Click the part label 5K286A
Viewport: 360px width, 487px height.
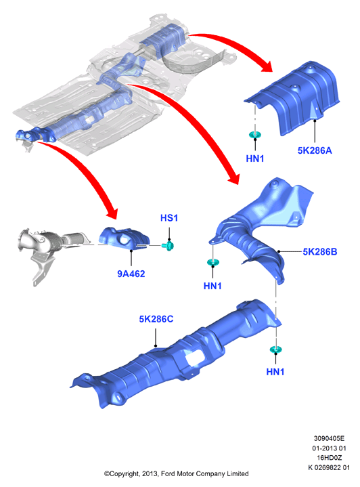[315, 150]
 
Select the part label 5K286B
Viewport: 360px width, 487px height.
[320, 251]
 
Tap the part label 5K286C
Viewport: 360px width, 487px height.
[156, 319]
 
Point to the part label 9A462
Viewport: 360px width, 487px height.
[131, 274]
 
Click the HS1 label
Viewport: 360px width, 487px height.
[169, 218]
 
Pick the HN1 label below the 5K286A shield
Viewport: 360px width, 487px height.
[255, 158]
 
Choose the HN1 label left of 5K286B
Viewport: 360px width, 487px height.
[212, 286]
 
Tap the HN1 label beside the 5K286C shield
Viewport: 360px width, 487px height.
[275, 372]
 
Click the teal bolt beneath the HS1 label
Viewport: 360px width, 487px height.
[168, 246]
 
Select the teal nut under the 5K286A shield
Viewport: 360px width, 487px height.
[255, 135]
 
